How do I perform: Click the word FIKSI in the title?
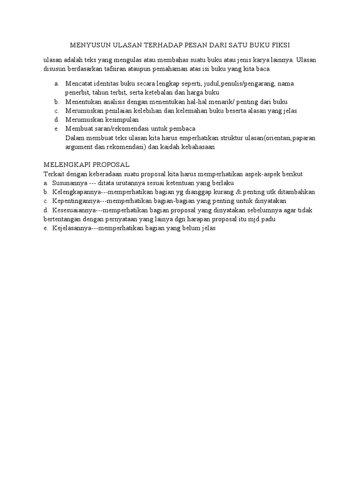[x=280, y=45]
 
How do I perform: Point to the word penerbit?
[x=78, y=92]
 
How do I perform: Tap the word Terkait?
[x=53, y=174]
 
